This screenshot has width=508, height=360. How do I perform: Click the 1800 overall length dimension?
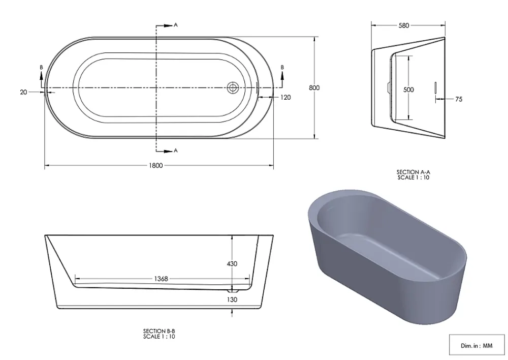click(x=155, y=166)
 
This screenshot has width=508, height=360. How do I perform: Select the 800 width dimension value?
click(x=314, y=88)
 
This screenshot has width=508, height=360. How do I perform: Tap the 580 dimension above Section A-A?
click(x=404, y=25)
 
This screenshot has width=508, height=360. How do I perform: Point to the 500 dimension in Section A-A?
click(x=408, y=89)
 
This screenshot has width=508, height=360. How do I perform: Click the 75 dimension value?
click(x=458, y=99)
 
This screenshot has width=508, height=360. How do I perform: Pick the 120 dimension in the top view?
click(x=285, y=97)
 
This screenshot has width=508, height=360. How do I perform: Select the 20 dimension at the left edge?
click(x=23, y=92)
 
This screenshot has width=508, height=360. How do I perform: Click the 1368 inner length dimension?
click(x=161, y=279)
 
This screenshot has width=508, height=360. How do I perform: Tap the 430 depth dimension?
click(x=232, y=264)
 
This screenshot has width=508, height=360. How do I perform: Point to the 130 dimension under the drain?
click(x=232, y=299)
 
